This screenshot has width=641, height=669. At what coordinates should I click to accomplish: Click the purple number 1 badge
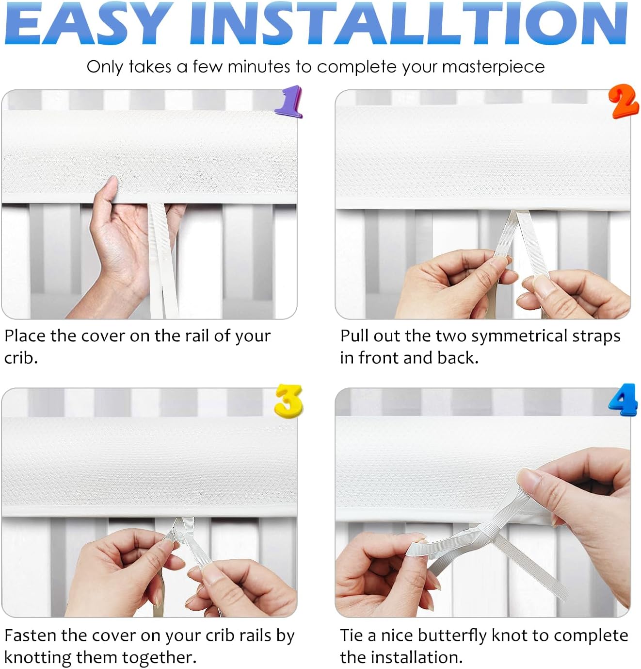click(x=289, y=101)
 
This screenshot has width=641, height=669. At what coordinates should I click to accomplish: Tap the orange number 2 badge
click(x=624, y=101)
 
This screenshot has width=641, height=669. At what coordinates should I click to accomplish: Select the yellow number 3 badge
click(x=289, y=400)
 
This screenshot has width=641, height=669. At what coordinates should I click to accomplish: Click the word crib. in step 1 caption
click(x=21, y=358)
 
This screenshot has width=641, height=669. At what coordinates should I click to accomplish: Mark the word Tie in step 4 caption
click(x=352, y=636)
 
